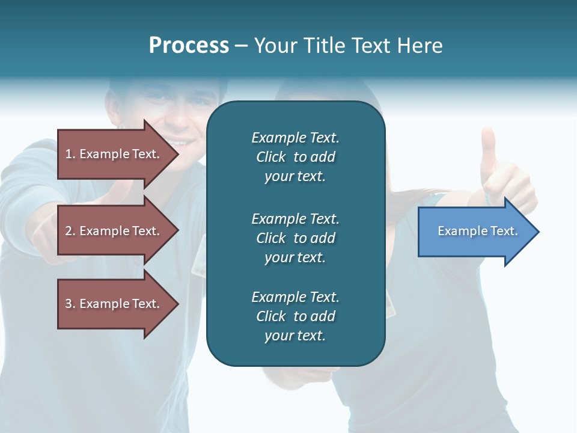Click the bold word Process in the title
click(x=189, y=46)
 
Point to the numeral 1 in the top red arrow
click(x=69, y=154)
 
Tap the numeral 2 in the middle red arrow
click(x=69, y=231)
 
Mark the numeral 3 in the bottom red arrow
click(x=69, y=304)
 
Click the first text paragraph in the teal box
click(x=295, y=157)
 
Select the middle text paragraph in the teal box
click(x=295, y=238)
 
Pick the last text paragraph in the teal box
click(x=295, y=316)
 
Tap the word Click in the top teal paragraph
click(x=271, y=157)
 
